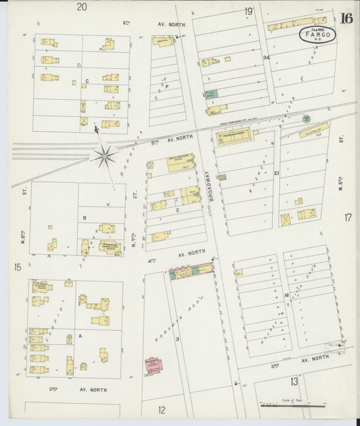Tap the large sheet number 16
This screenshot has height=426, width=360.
[x=346, y=18]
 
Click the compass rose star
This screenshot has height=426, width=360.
[x=105, y=157]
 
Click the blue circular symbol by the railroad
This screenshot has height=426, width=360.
[x=306, y=119]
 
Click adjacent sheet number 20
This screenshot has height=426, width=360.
[x=82, y=7]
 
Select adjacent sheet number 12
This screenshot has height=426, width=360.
[x=162, y=410]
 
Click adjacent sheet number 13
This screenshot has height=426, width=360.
[x=294, y=381]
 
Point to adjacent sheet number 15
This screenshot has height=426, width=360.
[x=16, y=268]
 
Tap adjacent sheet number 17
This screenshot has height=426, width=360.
[x=348, y=217]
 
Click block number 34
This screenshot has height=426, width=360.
[x=266, y=58]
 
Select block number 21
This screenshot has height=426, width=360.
[x=277, y=174]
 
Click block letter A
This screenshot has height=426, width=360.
[x=80, y=336]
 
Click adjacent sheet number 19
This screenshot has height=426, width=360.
[x=249, y=11]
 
